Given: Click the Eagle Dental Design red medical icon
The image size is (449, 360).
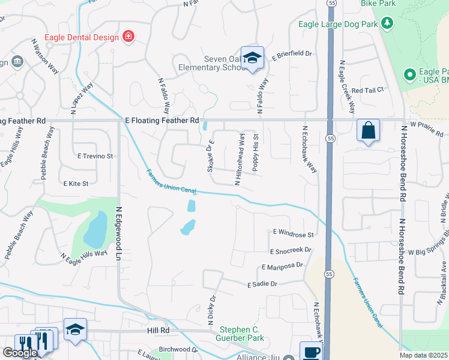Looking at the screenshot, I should coord(127,37).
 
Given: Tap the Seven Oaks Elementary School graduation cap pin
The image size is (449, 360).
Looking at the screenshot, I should coord(253,58).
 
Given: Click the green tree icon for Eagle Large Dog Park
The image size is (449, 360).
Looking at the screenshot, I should coord(388,25).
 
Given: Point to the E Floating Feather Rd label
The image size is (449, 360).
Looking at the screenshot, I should coord(161,121).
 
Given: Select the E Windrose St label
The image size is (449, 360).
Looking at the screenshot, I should coord(294,232).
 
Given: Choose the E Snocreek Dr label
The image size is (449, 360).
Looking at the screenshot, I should coord(291,250).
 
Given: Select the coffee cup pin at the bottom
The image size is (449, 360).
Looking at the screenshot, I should coord(310,352).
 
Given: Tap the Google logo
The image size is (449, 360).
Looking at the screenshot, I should coord(20,353).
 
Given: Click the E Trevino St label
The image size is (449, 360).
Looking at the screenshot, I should coord(95,156).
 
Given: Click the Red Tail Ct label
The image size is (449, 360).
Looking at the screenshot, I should coord(367,90).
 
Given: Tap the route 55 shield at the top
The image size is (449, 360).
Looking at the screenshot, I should coord(331,4).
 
